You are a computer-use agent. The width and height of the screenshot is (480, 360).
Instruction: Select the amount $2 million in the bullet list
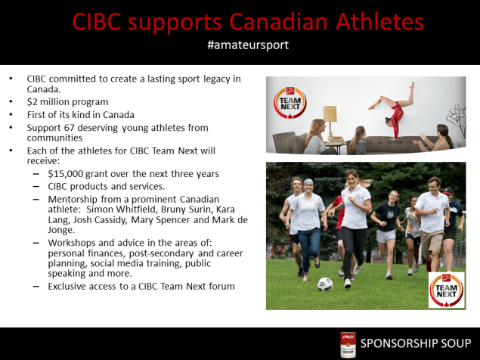click(x=54, y=101)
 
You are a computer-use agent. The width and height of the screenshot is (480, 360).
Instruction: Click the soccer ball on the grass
click(x=325, y=284)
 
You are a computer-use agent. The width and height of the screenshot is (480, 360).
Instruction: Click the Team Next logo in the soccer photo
click(x=445, y=290)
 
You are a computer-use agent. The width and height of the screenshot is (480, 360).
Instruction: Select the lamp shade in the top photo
click(x=330, y=113)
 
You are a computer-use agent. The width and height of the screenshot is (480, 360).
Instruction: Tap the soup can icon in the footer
click(x=348, y=344)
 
